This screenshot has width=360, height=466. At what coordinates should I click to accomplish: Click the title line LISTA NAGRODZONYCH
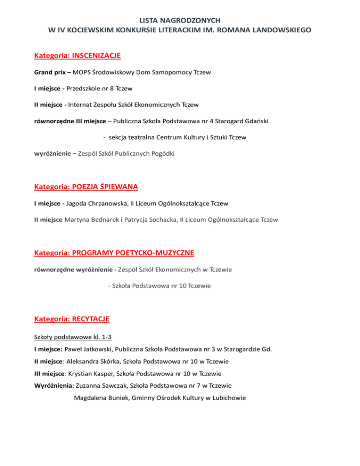coord(180,20)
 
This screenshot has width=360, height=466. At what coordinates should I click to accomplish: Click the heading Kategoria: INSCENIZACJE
coord(77,56)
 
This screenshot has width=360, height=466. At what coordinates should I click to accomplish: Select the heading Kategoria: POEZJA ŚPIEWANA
coord(86,187)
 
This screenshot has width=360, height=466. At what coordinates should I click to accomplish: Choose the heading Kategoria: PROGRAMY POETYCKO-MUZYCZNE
coord(114,253)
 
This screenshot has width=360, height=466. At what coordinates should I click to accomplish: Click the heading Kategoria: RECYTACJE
coord(72,319)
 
